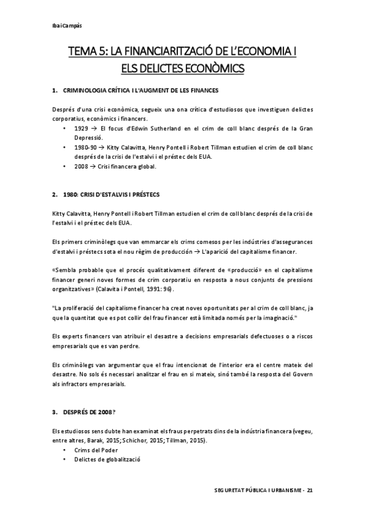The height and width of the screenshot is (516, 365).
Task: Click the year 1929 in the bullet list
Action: coord(80,129)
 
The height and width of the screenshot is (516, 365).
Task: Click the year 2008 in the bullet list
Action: coord(80,166)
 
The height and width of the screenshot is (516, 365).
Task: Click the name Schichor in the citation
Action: coord(161,440)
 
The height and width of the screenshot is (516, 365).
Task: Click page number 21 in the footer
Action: coord(310,489)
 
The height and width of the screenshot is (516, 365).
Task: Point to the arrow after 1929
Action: coord(93,129)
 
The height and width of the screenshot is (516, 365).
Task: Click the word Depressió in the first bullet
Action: coord(88,138)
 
